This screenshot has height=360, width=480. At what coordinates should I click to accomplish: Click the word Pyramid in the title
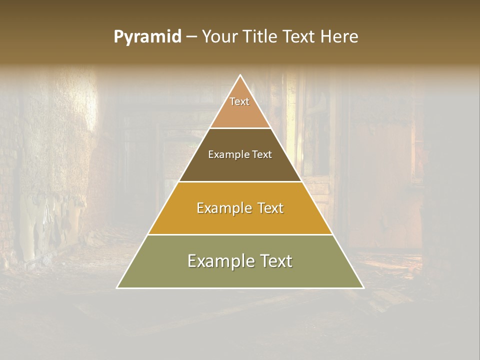click(147, 37)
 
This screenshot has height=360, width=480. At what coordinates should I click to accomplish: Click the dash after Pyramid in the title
click(191, 37)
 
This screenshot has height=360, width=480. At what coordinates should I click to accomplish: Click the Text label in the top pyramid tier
click(239, 101)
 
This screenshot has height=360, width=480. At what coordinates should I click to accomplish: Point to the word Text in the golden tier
click(270, 208)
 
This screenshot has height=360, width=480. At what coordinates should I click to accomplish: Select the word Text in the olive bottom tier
click(275, 261)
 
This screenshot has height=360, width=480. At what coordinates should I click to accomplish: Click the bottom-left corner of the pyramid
click(117, 288)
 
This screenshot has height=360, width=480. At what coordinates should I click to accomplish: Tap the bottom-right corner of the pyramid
click(363, 288)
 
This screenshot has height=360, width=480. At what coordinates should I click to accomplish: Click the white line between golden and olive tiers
click(240, 234)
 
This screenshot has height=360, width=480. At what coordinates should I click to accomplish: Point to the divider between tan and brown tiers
click(240, 128)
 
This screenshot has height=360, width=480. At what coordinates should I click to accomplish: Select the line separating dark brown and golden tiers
click(240, 181)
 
